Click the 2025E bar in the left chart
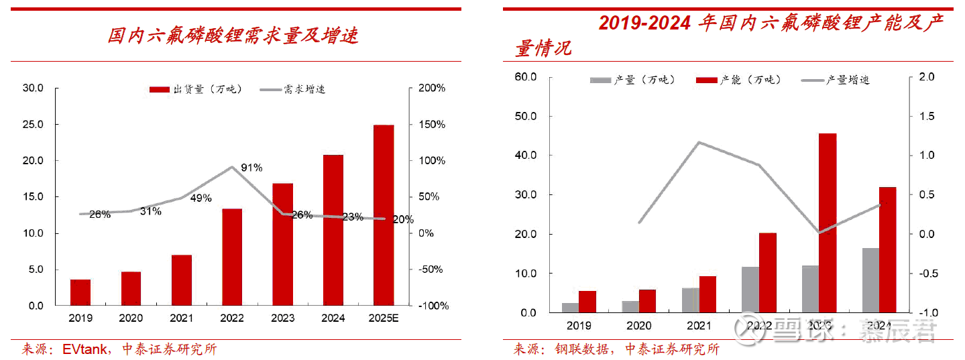point(384,215)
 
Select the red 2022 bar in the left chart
point(232,257)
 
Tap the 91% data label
point(251,168)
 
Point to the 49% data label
point(201,198)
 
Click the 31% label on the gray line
point(151,211)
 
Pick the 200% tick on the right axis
point(432,88)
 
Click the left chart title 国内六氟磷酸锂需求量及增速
point(233,36)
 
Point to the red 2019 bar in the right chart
point(587,302)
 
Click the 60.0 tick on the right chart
point(526,77)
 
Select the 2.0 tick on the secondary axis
point(926,77)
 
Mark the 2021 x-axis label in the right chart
point(699,326)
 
